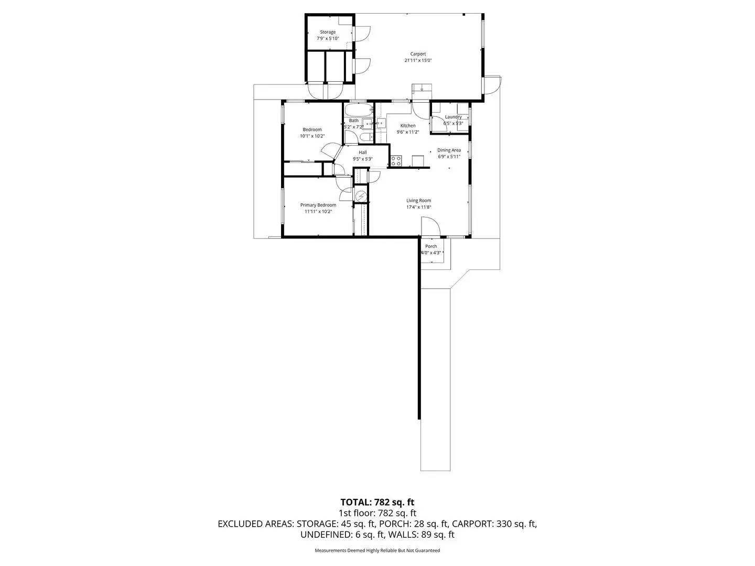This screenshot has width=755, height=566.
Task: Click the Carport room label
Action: [418, 54]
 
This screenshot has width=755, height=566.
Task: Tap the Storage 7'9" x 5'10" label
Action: [328, 36]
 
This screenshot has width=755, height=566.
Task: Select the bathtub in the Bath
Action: [358, 111]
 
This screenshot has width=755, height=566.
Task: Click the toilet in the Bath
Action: [365, 137]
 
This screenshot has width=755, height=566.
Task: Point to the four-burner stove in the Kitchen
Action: [396, 161]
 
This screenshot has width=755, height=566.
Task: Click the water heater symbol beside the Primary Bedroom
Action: [361, 197]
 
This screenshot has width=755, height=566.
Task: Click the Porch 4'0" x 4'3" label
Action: [431, 249]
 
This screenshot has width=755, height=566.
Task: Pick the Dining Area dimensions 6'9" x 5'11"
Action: [449, 157]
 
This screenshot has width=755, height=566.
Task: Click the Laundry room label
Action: [453, 117]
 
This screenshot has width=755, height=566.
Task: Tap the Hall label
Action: [363, 153]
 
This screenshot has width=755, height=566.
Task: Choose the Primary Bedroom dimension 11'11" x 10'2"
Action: [318, 212]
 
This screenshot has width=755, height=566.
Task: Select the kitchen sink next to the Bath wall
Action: [381, 123]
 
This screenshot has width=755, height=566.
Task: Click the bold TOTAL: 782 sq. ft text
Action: [377, 502]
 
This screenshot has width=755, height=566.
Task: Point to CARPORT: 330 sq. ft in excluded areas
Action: [494, 524]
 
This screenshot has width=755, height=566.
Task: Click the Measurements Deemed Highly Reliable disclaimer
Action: [377, 550]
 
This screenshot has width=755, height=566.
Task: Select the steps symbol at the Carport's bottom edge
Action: [422, 88]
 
